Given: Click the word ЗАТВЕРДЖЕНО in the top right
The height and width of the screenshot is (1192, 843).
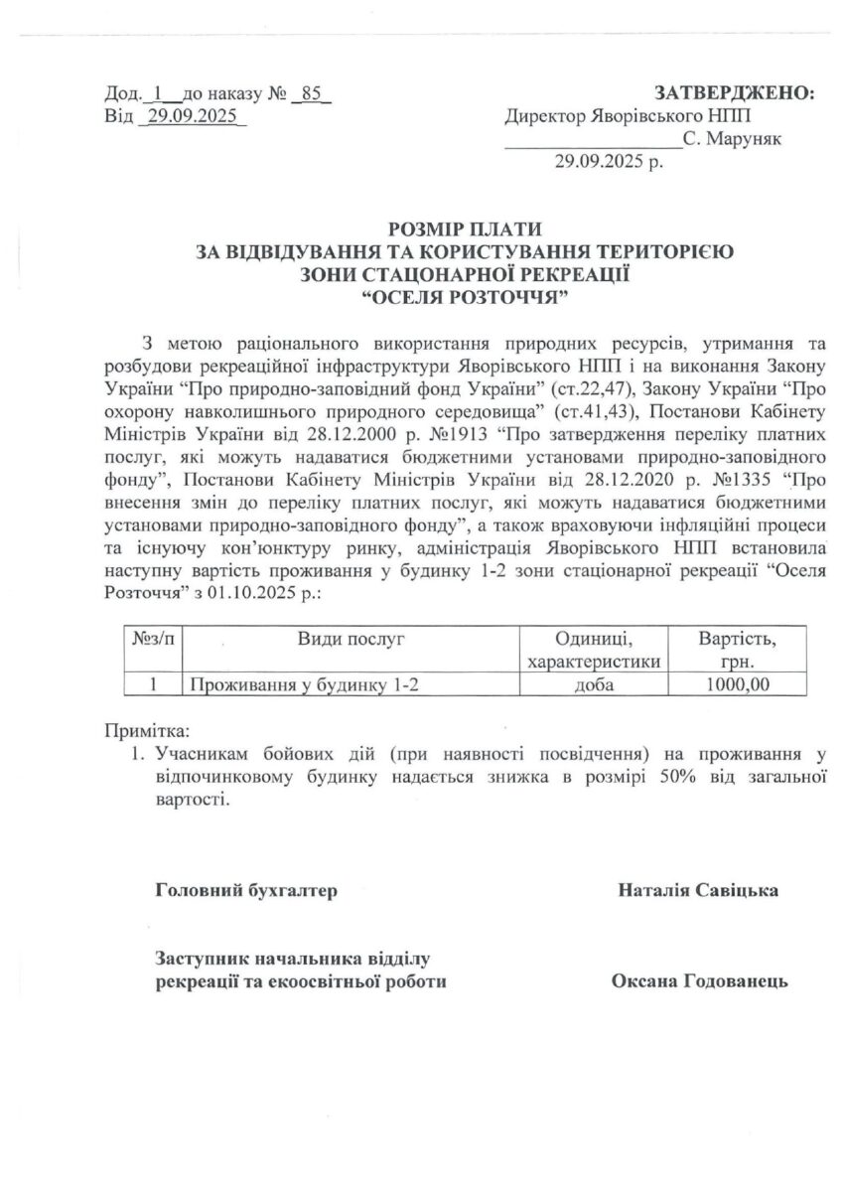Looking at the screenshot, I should (734, 93).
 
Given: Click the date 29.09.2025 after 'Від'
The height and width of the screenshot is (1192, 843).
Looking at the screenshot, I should (192, 116).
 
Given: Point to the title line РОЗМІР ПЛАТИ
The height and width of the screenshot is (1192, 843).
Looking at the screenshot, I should (465, 229).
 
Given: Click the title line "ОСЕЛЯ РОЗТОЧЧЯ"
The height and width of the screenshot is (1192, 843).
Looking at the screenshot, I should (465, 297).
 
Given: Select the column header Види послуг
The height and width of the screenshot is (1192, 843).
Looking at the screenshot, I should (351, 639).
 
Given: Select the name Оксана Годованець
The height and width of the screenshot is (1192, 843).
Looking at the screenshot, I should (699, 981).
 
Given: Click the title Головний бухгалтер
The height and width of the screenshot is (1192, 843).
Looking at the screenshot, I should (247, 890).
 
